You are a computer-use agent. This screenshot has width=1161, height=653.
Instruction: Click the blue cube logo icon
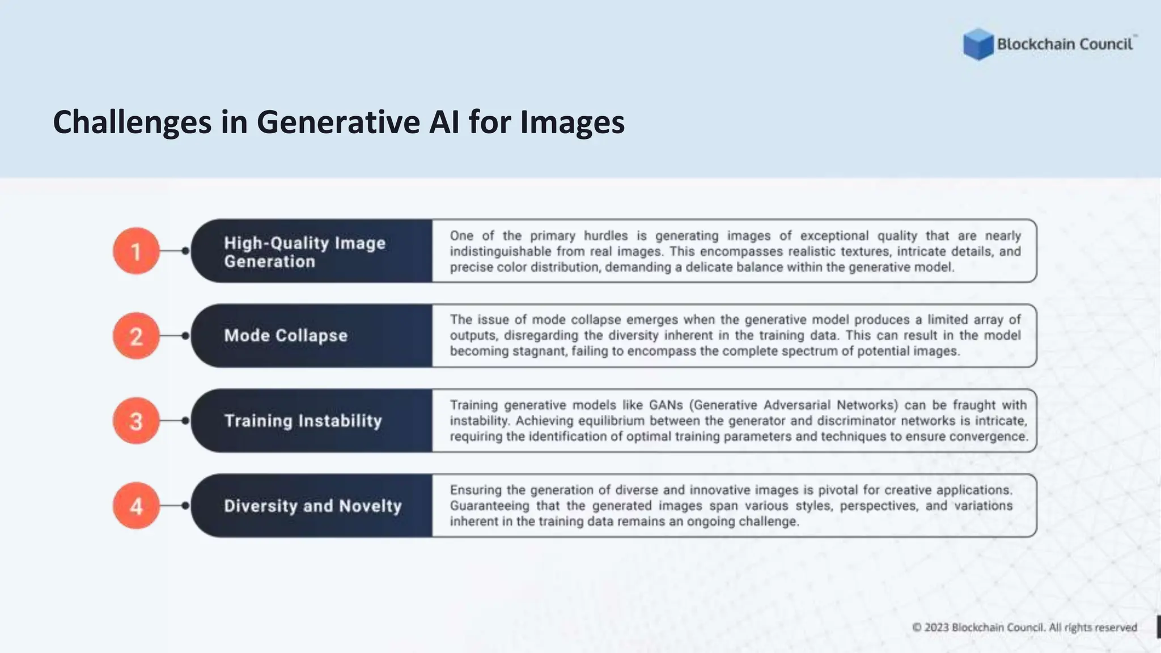[x=978, y=44]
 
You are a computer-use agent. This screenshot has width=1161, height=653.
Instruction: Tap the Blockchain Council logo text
[x=1065, y=44]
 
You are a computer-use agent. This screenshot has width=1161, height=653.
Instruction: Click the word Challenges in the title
[x=132, y=122]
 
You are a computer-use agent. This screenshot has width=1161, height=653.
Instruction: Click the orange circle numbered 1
[x=136, y=251]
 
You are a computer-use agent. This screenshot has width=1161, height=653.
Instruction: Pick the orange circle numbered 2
[x=136, y=336]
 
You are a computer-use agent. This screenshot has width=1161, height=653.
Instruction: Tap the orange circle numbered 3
[x=136, y=421]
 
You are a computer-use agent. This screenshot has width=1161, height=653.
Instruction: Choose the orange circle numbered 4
[x=136, y=506]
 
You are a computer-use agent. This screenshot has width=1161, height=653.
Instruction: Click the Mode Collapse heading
[x=286, y=336]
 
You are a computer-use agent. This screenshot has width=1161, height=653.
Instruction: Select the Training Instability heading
[x=303, y=421]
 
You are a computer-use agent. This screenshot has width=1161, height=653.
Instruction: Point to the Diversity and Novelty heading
[x=312, y=506]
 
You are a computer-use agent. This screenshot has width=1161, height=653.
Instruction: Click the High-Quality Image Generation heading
[x=304, y=252]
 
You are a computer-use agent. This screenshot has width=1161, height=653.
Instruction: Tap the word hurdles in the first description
[x=606, y=236]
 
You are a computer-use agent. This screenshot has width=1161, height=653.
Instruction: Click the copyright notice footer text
[x=1024, y=627]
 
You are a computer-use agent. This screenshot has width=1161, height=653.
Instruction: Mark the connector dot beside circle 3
[x=185, y=421]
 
